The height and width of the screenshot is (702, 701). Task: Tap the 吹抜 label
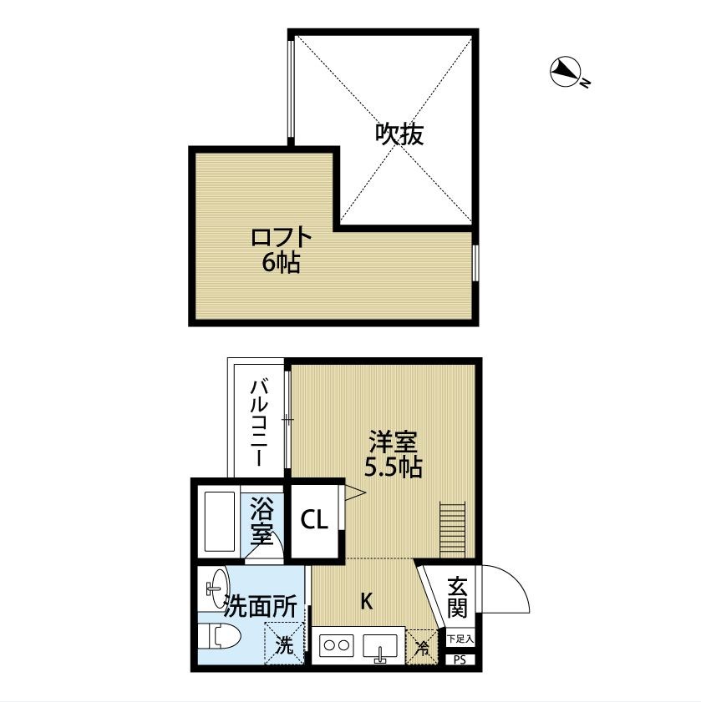399,134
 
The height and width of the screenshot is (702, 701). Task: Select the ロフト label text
281,238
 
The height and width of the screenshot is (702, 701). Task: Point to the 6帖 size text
282,263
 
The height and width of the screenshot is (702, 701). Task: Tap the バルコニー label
259,423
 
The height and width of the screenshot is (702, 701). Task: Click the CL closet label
314,521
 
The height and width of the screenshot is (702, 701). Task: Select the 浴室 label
262,520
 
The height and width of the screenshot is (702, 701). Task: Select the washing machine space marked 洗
285,644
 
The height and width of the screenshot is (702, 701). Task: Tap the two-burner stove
337,645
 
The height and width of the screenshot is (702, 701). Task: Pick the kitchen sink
381,646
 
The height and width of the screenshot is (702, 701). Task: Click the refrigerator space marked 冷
422,646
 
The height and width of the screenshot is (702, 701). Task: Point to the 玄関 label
456,595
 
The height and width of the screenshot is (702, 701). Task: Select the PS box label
459,659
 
